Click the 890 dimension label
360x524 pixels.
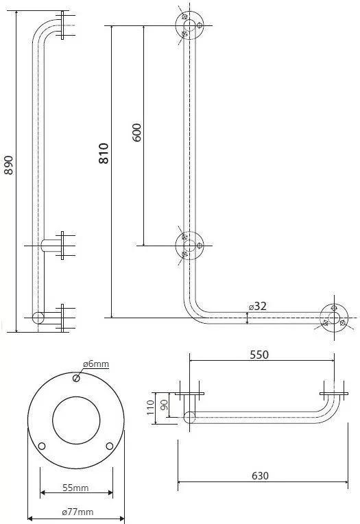(9, 165)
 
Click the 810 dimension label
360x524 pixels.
(104, 154)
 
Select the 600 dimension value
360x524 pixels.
(136, 132)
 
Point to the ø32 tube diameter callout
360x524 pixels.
(257, 306)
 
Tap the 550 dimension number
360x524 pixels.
(259, 355)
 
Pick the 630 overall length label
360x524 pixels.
(260, 475)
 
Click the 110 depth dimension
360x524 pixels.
(150, 407)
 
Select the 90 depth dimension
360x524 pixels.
(164, 405)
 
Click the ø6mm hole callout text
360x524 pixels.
(96, 364)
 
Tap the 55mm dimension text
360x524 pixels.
(75, 488)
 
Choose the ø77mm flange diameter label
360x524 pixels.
(77, 512)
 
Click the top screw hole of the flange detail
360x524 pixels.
(76, 378)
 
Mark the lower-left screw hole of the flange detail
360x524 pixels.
(42, 446)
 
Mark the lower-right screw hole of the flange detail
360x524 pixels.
(110, 446)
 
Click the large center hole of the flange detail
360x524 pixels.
(76, 420)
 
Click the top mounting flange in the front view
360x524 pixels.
(189, 25)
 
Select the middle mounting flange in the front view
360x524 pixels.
(189, 246)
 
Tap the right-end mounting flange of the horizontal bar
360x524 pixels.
(334, 318)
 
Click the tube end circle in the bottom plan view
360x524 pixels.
(189, 418)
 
